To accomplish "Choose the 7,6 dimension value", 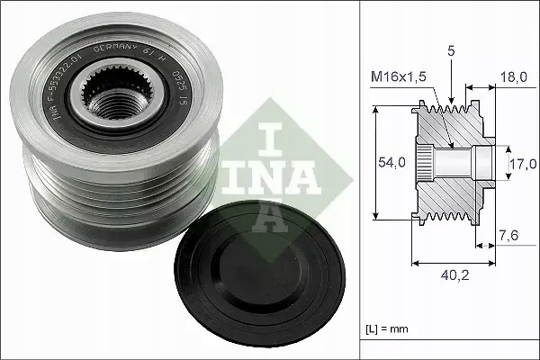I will click(508, 236).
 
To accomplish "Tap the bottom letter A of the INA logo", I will click(269, 210).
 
